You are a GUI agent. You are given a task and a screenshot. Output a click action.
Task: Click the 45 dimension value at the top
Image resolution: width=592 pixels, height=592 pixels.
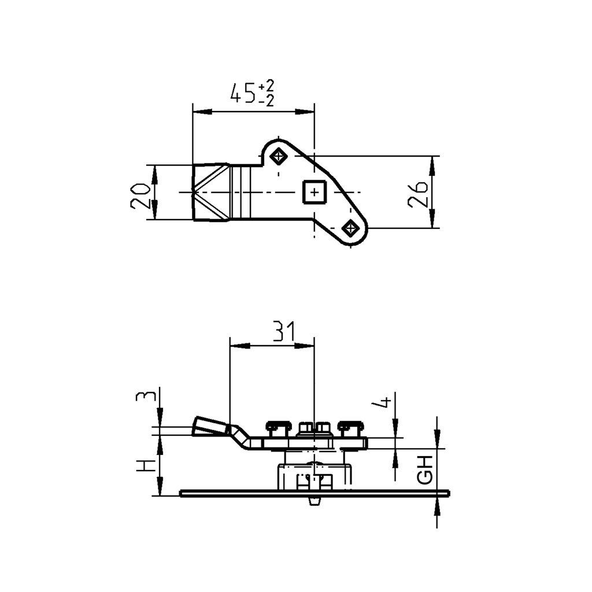coord(243,93)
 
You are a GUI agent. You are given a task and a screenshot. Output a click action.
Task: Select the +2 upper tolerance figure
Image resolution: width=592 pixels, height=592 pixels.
coord(267,86)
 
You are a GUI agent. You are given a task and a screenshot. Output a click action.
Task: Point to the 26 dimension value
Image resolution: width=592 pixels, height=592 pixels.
coord(418,194)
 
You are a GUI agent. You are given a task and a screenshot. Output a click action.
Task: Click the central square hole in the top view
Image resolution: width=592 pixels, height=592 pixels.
coord(314,193)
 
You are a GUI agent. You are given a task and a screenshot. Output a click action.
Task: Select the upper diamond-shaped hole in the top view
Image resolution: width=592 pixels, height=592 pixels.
coord(280,156)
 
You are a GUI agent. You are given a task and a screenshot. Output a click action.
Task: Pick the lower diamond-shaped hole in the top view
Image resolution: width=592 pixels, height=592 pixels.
coord(350,228)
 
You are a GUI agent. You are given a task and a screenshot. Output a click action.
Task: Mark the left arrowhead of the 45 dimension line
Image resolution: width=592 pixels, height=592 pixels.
coord(199,112)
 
